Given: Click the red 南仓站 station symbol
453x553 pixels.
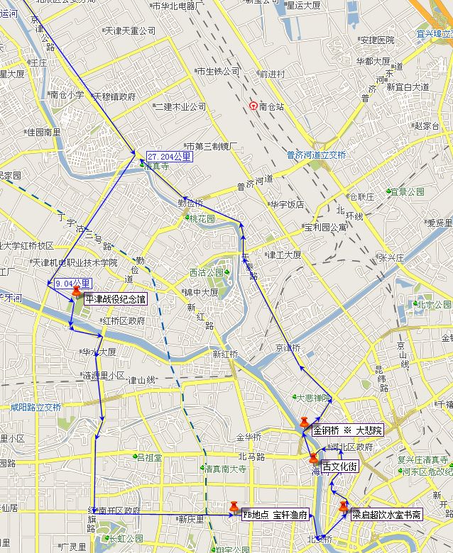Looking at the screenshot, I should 253,106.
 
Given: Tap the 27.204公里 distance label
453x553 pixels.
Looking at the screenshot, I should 169,157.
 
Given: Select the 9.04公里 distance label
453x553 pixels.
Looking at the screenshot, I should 72,284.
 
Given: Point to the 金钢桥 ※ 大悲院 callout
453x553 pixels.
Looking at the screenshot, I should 347,430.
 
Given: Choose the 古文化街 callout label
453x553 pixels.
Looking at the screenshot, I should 339,467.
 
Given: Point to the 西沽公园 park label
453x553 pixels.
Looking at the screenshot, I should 206,273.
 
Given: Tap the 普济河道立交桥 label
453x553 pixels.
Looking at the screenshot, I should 317,155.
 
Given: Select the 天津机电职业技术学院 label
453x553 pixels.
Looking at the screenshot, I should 75,262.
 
